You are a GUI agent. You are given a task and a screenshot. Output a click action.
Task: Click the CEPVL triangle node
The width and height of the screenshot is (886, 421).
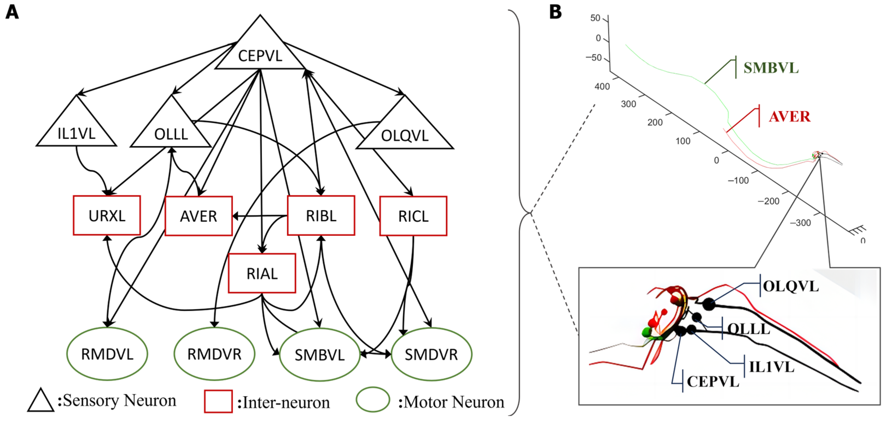260,52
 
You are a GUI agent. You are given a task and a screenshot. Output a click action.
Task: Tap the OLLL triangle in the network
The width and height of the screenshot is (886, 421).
171,131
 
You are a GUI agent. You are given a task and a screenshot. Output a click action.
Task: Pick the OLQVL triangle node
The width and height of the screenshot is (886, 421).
404,132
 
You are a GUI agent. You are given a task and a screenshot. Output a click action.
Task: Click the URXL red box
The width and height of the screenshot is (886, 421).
107,216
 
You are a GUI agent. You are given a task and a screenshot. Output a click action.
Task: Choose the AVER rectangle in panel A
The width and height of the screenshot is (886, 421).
199,216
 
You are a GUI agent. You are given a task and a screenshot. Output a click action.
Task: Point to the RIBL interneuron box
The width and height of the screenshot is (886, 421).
321,216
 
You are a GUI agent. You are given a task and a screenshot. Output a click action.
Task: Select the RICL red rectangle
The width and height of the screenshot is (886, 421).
413,216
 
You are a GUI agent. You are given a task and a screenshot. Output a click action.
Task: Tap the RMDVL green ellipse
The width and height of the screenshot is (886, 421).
107,354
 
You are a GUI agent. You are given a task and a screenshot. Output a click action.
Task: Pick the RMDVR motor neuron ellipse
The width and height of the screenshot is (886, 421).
214,354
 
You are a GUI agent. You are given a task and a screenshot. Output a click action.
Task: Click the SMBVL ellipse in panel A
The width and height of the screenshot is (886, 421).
319,355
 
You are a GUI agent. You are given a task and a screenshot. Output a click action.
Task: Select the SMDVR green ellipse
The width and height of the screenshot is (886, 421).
431,355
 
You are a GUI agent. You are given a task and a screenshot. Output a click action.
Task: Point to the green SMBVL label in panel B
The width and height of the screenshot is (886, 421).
771,68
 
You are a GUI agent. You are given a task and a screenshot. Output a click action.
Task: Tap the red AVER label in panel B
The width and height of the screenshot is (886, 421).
789,117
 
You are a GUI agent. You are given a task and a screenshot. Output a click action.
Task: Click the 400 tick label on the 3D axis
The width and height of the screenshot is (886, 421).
602,86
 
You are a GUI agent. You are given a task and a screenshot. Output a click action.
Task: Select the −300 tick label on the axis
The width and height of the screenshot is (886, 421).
800,223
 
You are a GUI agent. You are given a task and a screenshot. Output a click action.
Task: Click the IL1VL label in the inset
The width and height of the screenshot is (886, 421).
772,367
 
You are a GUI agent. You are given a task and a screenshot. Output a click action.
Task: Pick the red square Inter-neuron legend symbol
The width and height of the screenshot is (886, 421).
218,401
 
